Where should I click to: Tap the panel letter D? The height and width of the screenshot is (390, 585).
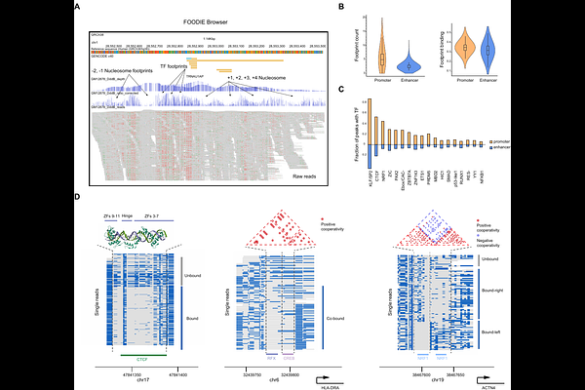tap(78, 196)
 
